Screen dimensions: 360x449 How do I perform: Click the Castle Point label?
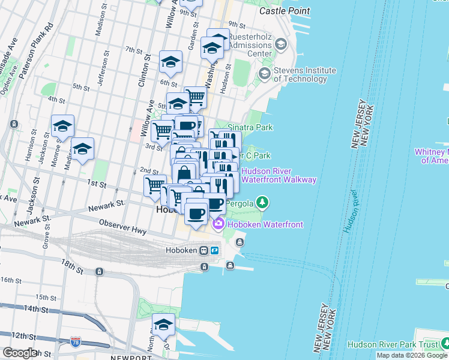pyautogui.click(x=285, y=11)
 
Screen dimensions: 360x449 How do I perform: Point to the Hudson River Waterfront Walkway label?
pyautogui.click(x=278, y=175)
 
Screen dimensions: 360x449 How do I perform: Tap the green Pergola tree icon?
pyautogui.click(x=262, y=202)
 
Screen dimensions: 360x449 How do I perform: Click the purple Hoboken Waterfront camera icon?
pyautogui.click(x=218, y=224)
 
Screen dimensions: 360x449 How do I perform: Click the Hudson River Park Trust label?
pyautogui.click(x=392, y=345)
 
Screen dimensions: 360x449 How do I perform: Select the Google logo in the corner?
pyautogui.click(x=20, y=353)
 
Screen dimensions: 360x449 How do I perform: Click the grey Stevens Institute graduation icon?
pyautogui.click(x=264, y=73)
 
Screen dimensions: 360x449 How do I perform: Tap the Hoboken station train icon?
pyautogui.click(x=204, y=250)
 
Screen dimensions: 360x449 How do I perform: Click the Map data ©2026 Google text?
pyautogui.click(x=412, y=355)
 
